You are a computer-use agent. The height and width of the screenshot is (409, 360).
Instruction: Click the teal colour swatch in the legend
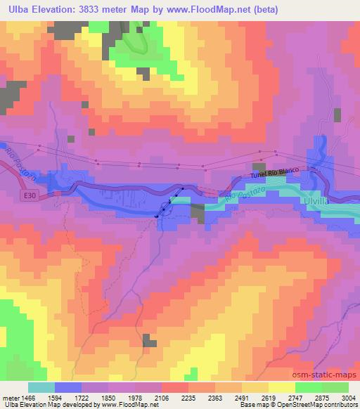pos(42,387)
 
